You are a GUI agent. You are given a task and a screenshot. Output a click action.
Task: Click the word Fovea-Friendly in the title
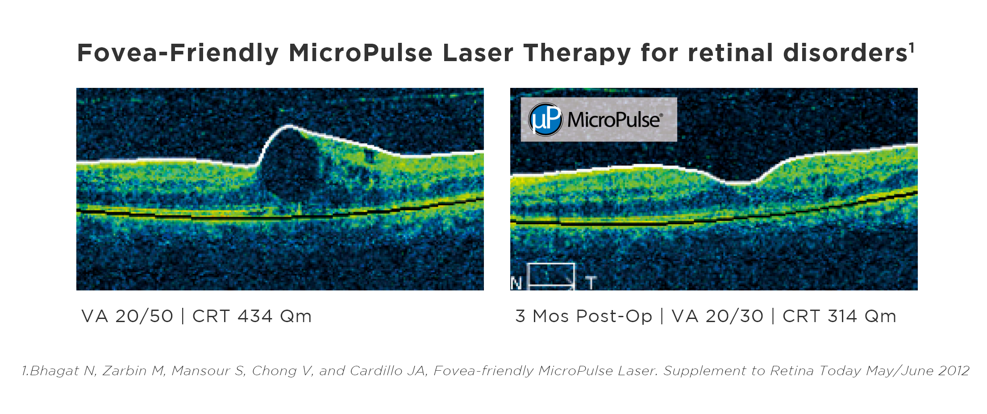[x=178, y=53]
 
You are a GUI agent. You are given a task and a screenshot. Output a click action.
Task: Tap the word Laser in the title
[x=478, y=53]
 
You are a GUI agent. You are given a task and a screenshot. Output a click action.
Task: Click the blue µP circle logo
[x=545, y=120]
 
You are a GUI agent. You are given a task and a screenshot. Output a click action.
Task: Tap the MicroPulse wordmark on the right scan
[x=615, y=120]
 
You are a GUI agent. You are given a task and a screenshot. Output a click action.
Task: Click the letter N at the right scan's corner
[x=516, y=283]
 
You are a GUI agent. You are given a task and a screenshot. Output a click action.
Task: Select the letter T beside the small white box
[x=591, y=283]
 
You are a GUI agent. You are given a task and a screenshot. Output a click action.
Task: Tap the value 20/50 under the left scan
[x=144, y=316]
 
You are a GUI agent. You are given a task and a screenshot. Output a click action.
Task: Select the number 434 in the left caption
[x=255, y=316]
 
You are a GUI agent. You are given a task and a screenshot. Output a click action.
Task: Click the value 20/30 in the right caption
[x=734, y=316]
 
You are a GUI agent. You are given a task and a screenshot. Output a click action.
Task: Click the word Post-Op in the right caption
[x=614, y=316]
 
